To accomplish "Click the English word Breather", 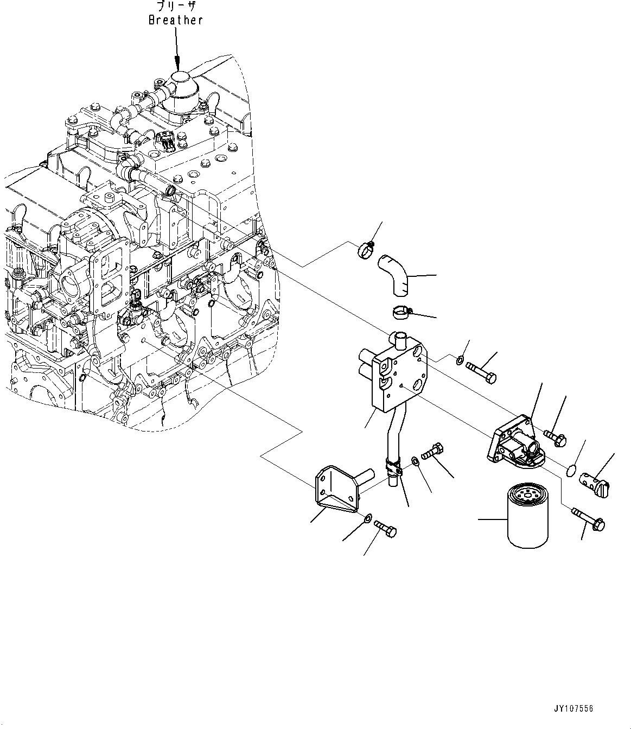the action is click(x=176, y=20).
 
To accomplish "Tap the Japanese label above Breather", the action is click(x=176, y=5).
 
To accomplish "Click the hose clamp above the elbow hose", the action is click(x=366, y=250).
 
